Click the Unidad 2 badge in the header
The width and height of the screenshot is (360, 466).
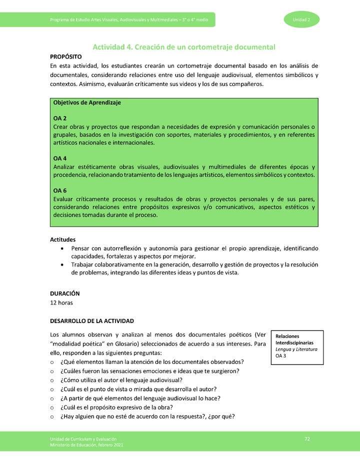click(x=299, y=19)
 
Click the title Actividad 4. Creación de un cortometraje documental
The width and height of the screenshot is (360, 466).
click(x=184, y=47)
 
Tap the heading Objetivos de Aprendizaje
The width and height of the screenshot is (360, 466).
click(x=87, y=102)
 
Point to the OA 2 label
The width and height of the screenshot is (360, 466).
click(x=60, y=118)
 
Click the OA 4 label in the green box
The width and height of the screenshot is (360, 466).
click(x=60, y=158)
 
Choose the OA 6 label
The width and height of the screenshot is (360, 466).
click(x=60, y=190)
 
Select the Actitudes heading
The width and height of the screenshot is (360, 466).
click(x=63, y=239)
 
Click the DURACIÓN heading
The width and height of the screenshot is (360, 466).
click(x=65, y=293)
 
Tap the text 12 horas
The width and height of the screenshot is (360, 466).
click(x=63, y=302)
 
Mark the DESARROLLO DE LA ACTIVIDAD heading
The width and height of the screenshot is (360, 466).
click(x=91, y=320)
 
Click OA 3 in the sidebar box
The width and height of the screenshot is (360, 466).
click(x=282, y=356)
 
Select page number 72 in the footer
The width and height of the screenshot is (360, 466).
click(x=307, y=439)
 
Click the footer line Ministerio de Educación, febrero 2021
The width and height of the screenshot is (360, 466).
click(x=86, y=445)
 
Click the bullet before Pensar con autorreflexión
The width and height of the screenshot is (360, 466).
click(x=61, y=248)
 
